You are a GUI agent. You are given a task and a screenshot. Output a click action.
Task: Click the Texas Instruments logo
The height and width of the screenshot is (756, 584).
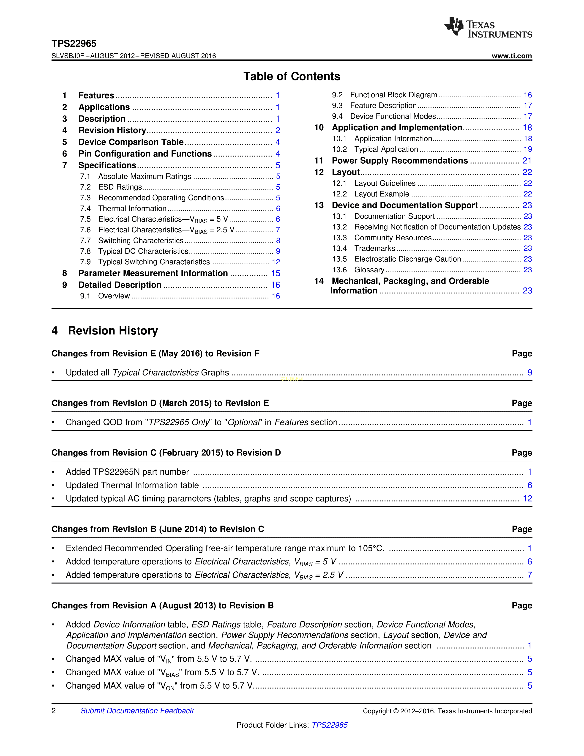pos(488,27)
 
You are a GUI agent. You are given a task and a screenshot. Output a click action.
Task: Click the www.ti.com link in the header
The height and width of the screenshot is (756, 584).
pos(512,56)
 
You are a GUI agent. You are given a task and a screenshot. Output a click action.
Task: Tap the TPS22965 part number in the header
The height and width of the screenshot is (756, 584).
pos(74,44)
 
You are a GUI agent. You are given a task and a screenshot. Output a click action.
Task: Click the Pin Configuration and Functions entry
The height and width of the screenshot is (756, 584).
pos(145,154)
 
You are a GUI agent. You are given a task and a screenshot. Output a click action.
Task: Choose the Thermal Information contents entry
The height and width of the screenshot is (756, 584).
pos(132,208)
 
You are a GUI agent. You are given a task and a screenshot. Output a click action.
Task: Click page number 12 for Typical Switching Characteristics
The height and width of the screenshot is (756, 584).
pos(276,262)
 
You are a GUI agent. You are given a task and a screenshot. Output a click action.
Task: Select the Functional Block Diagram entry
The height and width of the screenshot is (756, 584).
pos(393,95)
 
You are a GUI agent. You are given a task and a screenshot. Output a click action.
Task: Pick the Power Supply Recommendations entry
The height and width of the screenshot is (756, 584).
pos(400,161)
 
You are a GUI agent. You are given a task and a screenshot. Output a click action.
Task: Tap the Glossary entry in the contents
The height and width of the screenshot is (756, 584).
pos(369,270)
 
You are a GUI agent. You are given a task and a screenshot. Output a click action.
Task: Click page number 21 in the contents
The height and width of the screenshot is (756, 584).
pos(527,161)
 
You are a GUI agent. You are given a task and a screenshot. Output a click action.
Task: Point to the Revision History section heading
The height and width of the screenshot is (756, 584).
pos(113,331)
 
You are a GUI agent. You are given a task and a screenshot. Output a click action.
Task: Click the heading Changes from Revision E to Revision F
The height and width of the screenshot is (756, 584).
pos(155,353)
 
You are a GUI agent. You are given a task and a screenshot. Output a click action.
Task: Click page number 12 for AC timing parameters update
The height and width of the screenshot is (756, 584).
pos(527,499)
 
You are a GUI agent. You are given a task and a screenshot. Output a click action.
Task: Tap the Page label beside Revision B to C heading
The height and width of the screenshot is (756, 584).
pos(522,529)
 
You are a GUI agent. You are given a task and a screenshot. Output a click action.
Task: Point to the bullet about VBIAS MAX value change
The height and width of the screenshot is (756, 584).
pos(162,672)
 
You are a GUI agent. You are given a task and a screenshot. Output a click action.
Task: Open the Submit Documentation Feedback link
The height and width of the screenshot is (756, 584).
pos(137,711)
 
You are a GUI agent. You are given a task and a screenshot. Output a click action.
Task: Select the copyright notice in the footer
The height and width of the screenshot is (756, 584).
pos(447,711)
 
